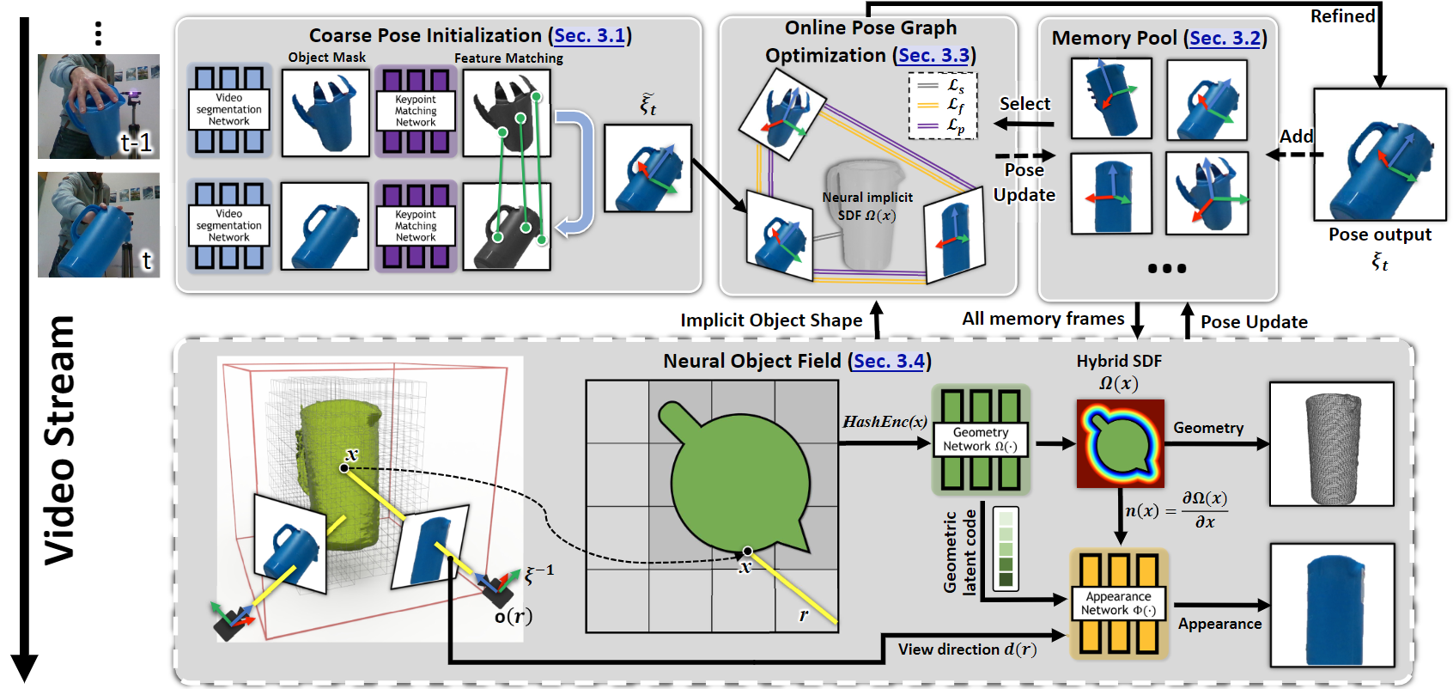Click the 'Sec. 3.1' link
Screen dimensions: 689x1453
click(589, 35)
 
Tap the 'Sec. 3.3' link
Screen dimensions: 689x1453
click(933, 56)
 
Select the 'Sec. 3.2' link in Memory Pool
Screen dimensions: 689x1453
click(1225, 38)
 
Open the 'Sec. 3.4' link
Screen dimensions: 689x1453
click(890, 361)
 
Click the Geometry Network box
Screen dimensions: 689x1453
click(980, 439)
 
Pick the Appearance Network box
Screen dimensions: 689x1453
click(1118, 603)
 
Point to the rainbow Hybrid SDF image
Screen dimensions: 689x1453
click(1120, 443)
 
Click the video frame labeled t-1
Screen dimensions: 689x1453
click(98, 107)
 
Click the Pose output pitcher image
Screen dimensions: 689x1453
click(1379, 155)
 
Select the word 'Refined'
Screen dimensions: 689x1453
click(1342, 16)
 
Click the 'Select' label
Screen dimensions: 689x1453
click(1024, 104)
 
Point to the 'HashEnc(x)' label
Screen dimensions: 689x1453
click(885, 422)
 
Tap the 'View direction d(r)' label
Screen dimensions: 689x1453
click(967, 649)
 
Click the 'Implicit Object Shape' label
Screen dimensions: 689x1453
click(771, 320)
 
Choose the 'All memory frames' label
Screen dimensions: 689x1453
click(1043, 319)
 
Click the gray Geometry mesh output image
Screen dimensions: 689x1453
click(1331, 444)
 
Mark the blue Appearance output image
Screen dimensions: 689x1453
click(1331, 605)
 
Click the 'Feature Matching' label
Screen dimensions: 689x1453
click(508, 58)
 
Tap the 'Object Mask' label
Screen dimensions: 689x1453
click(326, 58)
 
